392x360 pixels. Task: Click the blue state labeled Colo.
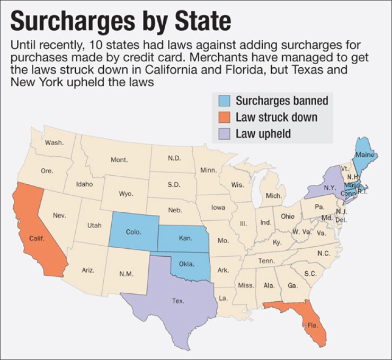(133, 232)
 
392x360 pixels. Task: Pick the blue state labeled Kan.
(185, 238)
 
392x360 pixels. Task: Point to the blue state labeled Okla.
(187, 263)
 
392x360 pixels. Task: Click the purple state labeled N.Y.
(328, 187)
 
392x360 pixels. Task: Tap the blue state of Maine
(364, 154)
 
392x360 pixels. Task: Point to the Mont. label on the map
(119, 159)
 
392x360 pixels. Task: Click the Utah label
(94, 225)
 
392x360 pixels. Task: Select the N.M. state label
(126, 274)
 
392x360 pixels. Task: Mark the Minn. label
(209, 170)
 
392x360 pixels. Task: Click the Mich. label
(274, 196)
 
